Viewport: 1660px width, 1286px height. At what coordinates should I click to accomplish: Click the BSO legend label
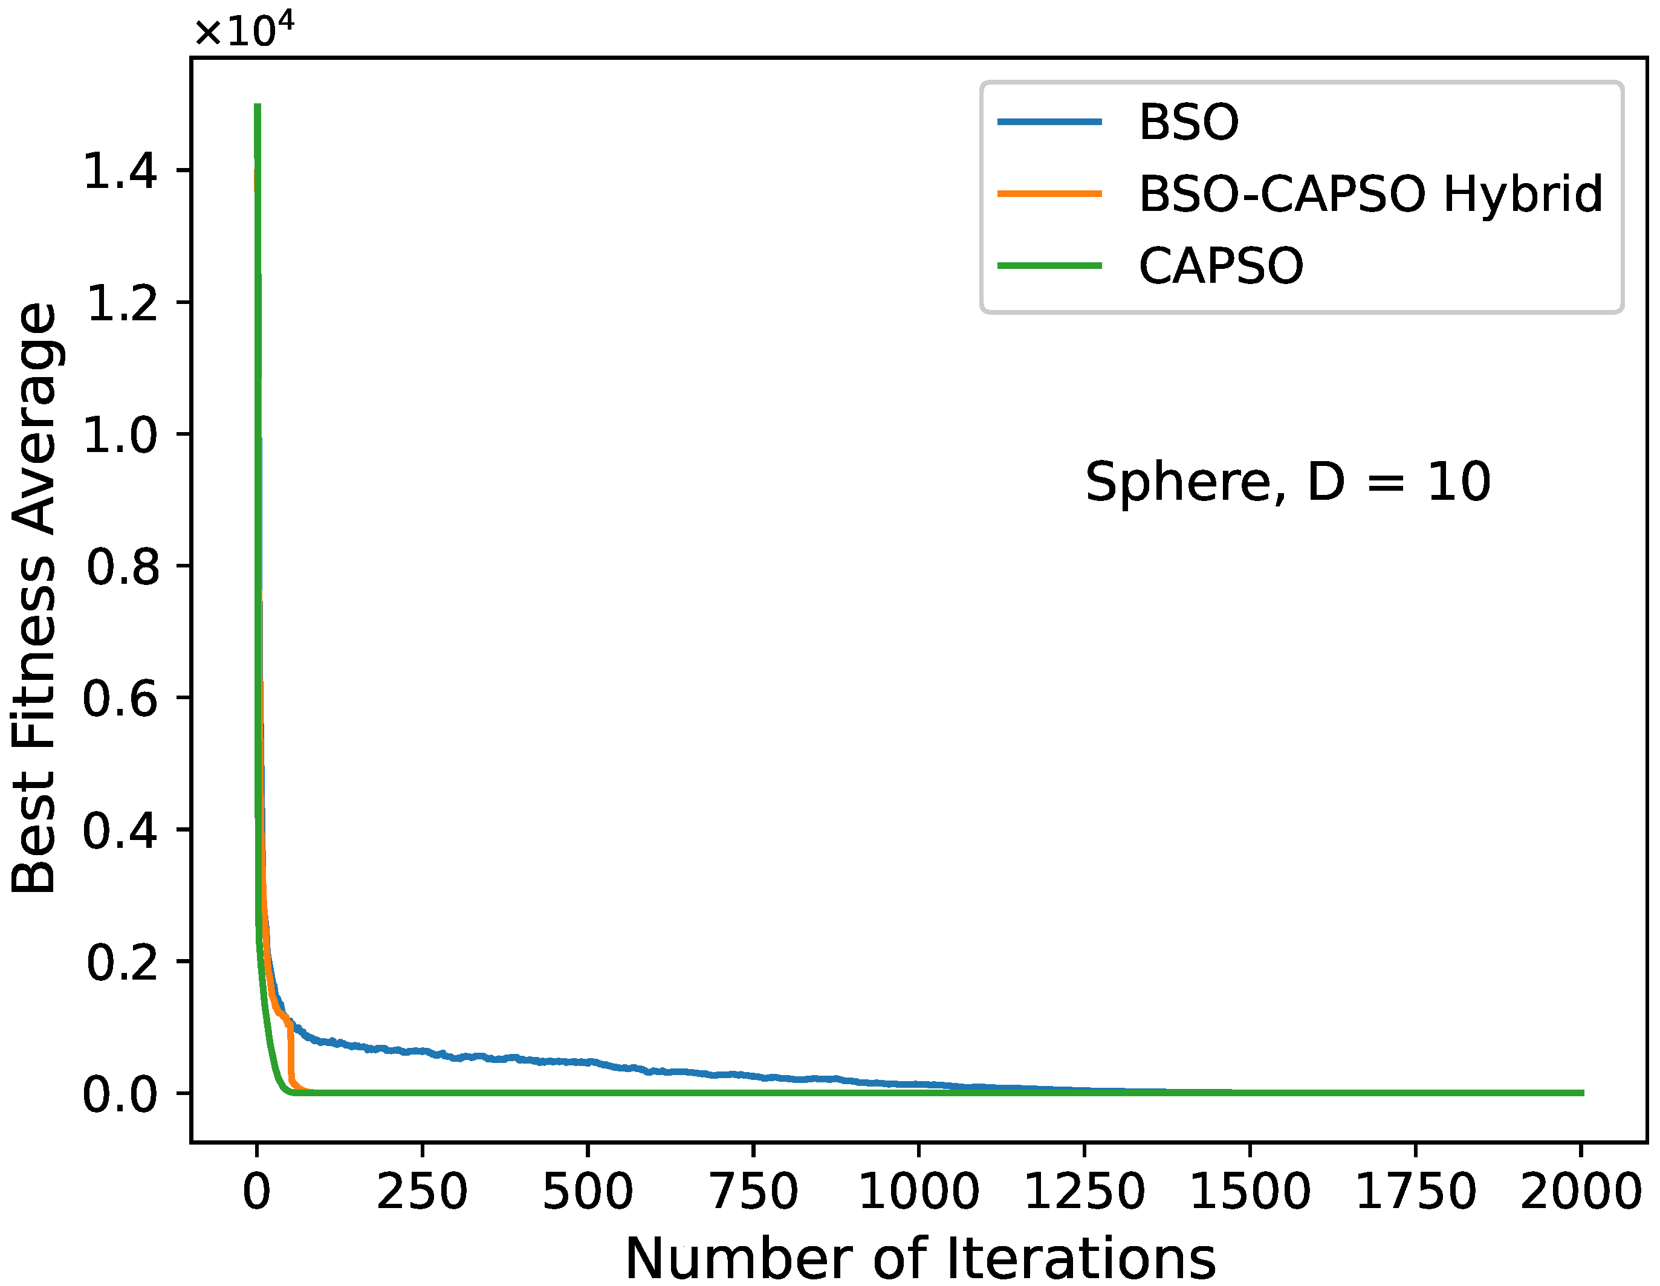coord(1188,121)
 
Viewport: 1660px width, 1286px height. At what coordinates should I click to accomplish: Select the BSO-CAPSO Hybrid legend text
coord(1370,194)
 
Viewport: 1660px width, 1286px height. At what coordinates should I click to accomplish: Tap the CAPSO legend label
coord(1221,266)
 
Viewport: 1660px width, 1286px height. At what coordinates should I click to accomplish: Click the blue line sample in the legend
coord(1049,121)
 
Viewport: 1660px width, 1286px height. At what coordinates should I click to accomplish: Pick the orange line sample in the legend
coord(1049,194)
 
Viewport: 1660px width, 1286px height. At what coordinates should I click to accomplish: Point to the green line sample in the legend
coord(1049,266)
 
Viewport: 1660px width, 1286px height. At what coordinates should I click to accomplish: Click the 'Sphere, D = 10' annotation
coord(1288,482)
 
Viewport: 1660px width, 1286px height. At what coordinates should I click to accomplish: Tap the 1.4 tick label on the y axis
coord(120,170)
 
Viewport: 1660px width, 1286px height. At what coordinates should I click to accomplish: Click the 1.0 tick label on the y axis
coord(120,435)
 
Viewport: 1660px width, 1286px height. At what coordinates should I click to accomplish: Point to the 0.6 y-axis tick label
coord(120,699)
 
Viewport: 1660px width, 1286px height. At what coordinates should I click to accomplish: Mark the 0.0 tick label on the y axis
coord(120,1094)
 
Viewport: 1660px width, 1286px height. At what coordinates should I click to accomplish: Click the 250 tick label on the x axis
coord(422,1191)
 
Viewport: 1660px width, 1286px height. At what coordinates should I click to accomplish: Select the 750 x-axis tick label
coord(753,1191)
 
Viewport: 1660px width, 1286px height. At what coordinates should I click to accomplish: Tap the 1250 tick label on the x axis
coord(1085,1191)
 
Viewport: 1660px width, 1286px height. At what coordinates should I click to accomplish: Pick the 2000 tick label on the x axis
coord(1581,1191)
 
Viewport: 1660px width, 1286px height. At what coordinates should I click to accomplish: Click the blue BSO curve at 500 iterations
coord(588,1062)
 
